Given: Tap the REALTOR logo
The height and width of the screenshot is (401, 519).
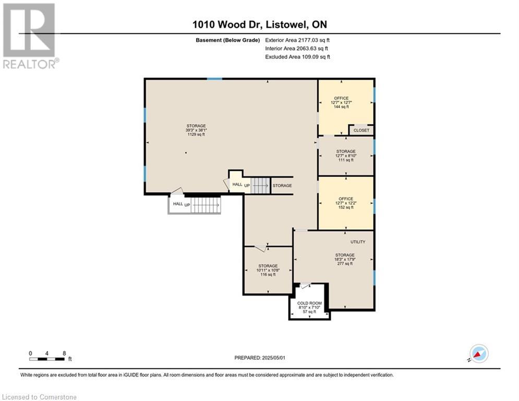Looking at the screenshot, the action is pyautogui.click(x=30, y=36).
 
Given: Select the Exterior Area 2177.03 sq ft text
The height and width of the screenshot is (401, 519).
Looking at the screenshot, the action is pyautogui.click(x=297, y=40).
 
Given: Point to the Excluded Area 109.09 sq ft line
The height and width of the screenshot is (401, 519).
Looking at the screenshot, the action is pyautogui.click(x=297, y=57).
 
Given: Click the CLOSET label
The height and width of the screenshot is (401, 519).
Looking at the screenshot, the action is pyautogui.click(x=361, y=130).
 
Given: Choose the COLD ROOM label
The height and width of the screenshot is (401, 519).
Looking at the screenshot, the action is pyautogui.click(x=309, y=303).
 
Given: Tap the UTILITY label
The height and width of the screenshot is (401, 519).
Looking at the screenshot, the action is pyautogui.click(x=358, y=242).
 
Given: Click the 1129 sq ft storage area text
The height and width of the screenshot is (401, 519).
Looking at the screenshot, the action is pyautogui.click(x=196, y=135).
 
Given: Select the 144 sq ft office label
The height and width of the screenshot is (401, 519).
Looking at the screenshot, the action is pyautogui.click(x=341, y=107).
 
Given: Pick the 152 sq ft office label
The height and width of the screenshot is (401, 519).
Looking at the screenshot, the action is pyautogui.click(x=346, y=207).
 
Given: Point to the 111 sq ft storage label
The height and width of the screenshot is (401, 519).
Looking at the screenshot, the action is pyautogui.click(x=346, y=160).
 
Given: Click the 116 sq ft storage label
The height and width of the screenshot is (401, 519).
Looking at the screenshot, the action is pyautogui.click(x=268, y=275).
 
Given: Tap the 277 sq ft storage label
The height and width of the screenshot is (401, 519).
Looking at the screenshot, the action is pyautogui.click(x=345, y=264).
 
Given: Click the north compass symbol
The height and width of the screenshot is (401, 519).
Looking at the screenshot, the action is pyautogui.click(x=479, y=354).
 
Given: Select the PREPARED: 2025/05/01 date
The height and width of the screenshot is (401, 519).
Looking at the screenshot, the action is pyautogui.click(x=260, y=358).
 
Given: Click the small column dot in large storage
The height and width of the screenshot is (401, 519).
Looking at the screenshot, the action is pyautogui.click(x=186, y=153).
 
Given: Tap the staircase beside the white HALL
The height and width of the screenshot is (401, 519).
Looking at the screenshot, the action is pyautogui.click(x=206, y=205).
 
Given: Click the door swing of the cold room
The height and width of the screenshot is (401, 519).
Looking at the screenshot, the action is pyautogui.click(x=305, y=286).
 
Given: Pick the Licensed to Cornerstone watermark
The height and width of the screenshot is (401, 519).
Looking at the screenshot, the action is pyautogui.click(x=39, y=397).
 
